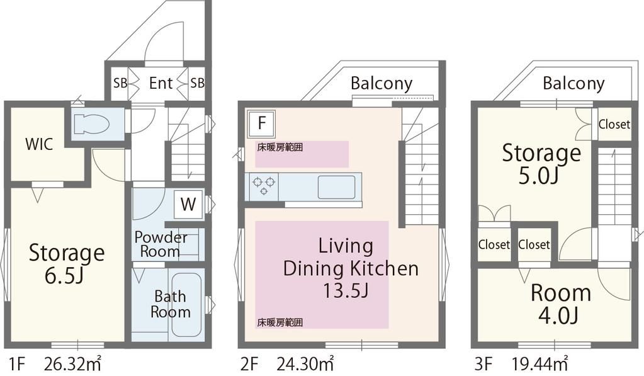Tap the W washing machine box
[188, 204]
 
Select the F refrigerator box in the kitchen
[261, 123]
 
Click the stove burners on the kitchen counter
[263, 185]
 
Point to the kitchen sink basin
[336, 187]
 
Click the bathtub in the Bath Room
[186, 305]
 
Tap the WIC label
[39, 145]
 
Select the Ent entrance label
[161, 83]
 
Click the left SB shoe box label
[120, 83]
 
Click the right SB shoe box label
[197, 83]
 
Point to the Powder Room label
[161, 244]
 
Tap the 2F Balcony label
[381, 84]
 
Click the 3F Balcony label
[573, 84]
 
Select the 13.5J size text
[345, 291]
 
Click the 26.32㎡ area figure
[72, 363]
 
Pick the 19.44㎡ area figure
[539, 363]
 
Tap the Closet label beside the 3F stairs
[614, 124]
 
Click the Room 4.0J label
[561, 304]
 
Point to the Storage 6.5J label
[67, 264]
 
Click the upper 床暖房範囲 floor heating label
[280, 147]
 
